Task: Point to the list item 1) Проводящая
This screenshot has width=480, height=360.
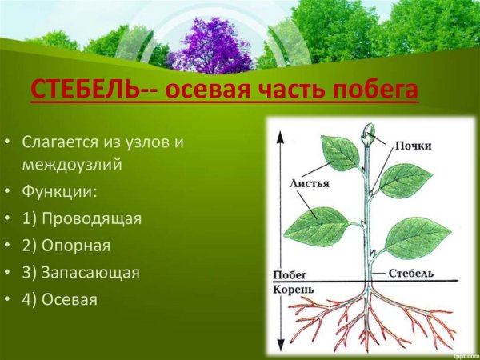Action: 82,219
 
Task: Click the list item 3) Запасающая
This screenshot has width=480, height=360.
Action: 81,272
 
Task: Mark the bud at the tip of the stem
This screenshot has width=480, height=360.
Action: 369,130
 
